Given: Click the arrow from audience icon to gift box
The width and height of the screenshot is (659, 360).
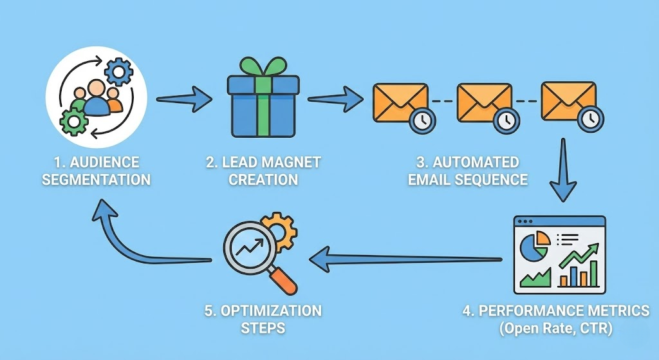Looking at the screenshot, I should tap(184, 99).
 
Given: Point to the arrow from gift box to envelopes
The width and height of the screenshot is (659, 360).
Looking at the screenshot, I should tap(335, 100).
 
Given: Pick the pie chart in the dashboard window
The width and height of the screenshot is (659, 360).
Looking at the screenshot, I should tap(535, 247).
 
